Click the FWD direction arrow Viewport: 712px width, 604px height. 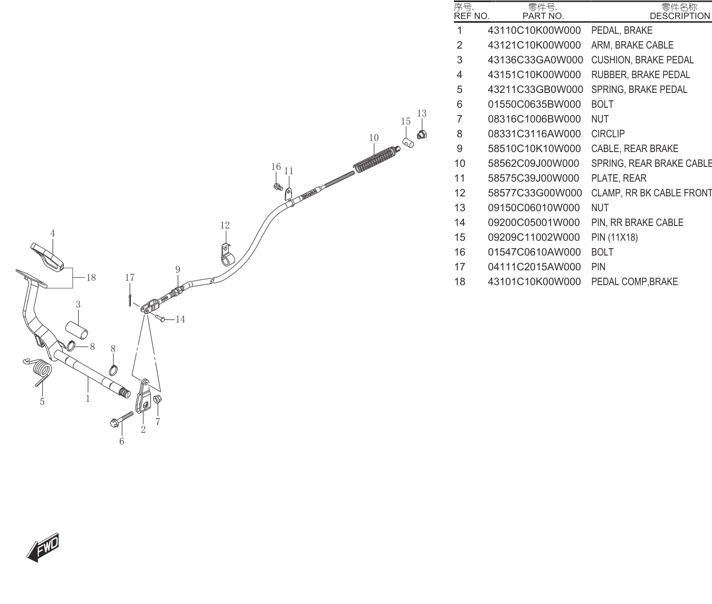pos(43,547)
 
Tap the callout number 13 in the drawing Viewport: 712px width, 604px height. pos(422,114)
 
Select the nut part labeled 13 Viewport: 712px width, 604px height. pos(422,135)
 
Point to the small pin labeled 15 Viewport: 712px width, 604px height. pos(408,143)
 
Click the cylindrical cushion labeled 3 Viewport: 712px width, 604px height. pos(77,330)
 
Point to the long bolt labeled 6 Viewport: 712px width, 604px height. pos(121,419)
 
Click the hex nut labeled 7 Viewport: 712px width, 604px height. pos(157,400)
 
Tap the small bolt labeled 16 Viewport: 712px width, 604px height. pos(278,187)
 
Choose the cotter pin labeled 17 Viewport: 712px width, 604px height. pos(129,300)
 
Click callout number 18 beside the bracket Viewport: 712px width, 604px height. pos(91,277)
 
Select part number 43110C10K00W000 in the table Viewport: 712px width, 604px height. pos(534,30)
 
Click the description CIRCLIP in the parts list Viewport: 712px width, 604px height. pos(607,134)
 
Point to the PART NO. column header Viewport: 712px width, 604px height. pos(543,16)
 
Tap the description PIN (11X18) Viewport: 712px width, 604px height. pos(614,238)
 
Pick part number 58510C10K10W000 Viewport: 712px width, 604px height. pos(534,148)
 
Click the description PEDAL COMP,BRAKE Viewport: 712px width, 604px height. pos(634,282)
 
